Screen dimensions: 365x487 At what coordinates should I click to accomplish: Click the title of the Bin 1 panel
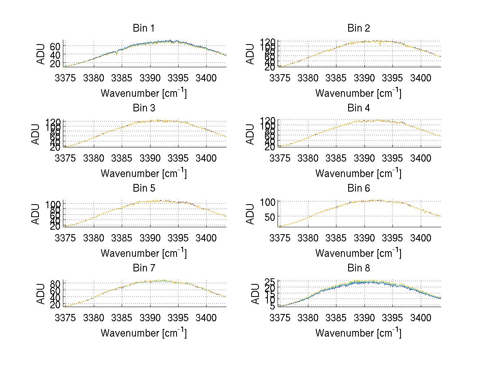[x=144, y=28]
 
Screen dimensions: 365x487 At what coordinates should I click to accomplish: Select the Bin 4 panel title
[x=359, y=108]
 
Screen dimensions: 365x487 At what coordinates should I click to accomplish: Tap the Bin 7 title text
[x=144, y=268]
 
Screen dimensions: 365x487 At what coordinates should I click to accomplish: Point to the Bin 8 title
[x=359, y=268]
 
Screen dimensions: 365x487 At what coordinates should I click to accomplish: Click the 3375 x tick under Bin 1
[x=65, y=78]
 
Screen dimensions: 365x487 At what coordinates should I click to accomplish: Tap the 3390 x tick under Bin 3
[x=150, y=158]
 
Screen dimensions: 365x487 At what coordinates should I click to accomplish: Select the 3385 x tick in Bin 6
[x=336, y=238]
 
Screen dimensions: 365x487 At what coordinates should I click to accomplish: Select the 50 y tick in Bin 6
[x=270, y=217]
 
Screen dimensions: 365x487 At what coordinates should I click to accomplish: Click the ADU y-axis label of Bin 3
[x=36, y=134]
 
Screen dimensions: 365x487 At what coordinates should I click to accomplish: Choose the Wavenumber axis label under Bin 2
[x=358, y=93]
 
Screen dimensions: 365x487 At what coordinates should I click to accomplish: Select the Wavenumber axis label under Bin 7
[x=144, y=333]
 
